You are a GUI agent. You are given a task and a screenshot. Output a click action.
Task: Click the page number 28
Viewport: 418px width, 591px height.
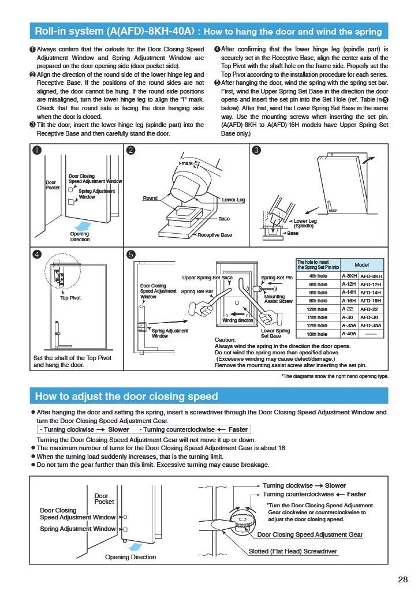tap(403, 579)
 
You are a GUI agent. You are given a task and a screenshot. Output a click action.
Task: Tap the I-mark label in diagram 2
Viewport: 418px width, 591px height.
tap(186, 164)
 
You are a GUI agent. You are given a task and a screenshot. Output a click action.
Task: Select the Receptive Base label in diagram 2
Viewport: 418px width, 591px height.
tap(215, 235)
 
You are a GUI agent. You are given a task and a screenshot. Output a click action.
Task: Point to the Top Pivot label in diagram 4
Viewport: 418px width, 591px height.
tap(70, 298)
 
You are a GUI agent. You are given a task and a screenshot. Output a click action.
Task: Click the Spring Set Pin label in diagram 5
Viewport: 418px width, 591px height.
tap(277, 278)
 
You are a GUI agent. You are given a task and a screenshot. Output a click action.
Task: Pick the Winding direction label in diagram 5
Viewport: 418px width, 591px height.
tap(238, 320)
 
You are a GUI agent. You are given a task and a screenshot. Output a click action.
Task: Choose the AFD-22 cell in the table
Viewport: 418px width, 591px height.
tap(371, 309)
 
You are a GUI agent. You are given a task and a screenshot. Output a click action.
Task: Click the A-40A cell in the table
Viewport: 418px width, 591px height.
tap(349, 334)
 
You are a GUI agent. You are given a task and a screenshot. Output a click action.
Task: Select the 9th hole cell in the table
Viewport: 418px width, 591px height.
tap(318, 293)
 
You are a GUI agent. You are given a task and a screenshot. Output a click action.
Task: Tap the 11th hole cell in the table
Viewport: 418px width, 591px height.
tap(318, 317)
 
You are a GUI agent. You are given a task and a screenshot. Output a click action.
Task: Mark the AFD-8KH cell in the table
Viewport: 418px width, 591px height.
tap(371, 276)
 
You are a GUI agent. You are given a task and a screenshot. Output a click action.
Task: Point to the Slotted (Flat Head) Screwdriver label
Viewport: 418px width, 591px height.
tap(293, 551)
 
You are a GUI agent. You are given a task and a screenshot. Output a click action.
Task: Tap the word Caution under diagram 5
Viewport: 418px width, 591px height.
tap(225, 339)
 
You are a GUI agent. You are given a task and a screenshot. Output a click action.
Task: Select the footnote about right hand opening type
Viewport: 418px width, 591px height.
tap(335, 376)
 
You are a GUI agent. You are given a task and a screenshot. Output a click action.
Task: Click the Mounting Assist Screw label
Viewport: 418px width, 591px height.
tap(278, 298)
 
